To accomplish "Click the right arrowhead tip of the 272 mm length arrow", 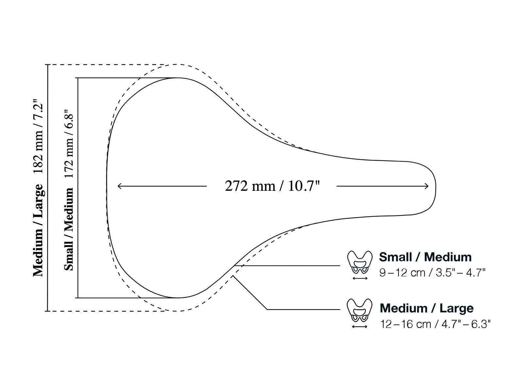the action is point(429,186).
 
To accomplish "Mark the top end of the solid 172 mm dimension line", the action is point(78,78).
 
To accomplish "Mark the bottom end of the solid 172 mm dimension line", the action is point(78,298).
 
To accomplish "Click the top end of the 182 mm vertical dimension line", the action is point(48,65).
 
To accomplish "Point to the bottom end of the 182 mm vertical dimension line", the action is point(48,311).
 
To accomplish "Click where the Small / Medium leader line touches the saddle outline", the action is point(235,265).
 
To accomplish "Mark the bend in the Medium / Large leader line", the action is point(267,309).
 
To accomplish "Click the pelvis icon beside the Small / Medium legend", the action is point(360,262).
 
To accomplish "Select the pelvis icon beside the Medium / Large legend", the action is point(360,310).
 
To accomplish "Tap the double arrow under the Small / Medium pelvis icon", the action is point(360,278).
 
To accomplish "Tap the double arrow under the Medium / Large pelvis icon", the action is point(360,327).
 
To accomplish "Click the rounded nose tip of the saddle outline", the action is point(435,186).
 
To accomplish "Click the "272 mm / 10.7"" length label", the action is point(272,186).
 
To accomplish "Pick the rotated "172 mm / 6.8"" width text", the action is point(69,144).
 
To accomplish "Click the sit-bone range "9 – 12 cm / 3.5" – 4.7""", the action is point(432,273).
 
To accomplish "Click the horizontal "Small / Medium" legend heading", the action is point(425,257).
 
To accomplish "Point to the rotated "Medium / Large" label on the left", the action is point(38,230).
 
